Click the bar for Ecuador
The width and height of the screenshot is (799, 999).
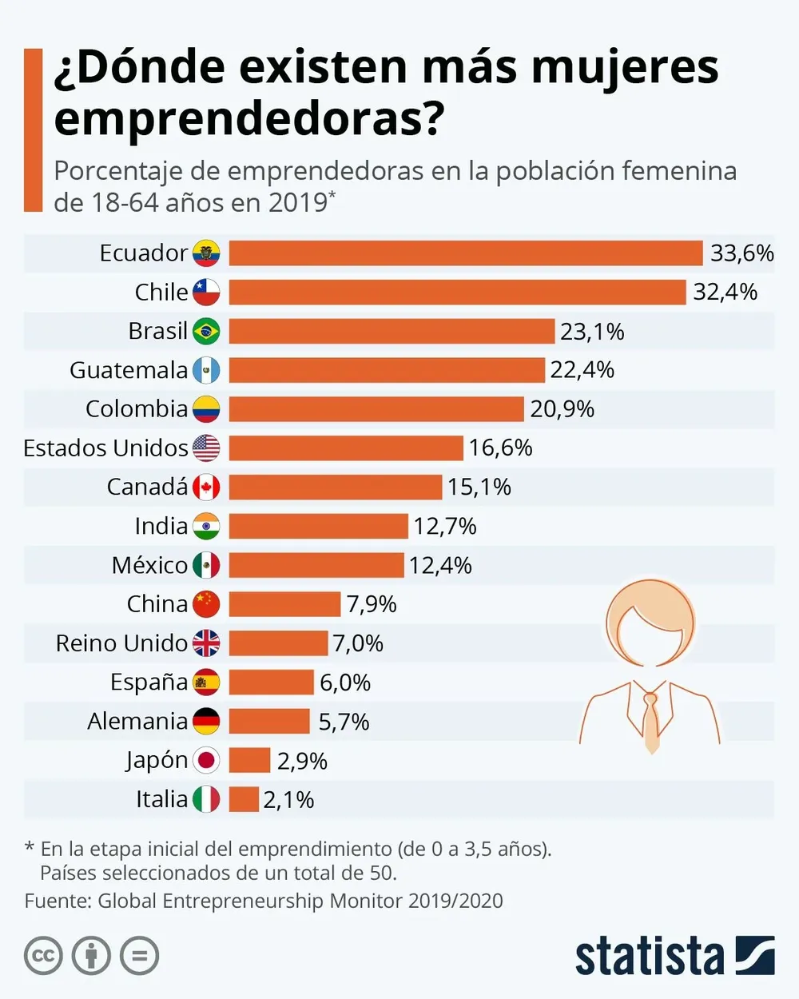[466, 253]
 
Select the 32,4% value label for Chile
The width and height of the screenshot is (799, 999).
[725, 292]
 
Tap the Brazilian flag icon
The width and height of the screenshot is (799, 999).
[206, 331]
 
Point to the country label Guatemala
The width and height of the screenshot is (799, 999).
[129, 370]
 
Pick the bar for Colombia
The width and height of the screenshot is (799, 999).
[376, 409]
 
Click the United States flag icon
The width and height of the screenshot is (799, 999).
[206, 448]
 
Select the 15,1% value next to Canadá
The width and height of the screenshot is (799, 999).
[479, 487]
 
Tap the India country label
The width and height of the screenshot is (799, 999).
[161, 526]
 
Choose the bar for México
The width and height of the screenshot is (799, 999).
[316, 565]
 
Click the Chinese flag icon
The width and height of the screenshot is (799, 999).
[206, 604]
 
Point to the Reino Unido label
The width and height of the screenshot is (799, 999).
[121, 643]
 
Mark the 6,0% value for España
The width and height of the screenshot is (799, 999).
[345, 683]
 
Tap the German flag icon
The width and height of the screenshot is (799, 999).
[206, 722]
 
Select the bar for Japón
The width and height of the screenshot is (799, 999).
[249, 760]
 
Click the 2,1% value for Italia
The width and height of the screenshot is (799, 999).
[288, 799]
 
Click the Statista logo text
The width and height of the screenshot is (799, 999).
[649, 956]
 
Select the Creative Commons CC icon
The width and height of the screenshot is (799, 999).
[43, 956]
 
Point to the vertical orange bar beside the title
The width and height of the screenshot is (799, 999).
[33, 129]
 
